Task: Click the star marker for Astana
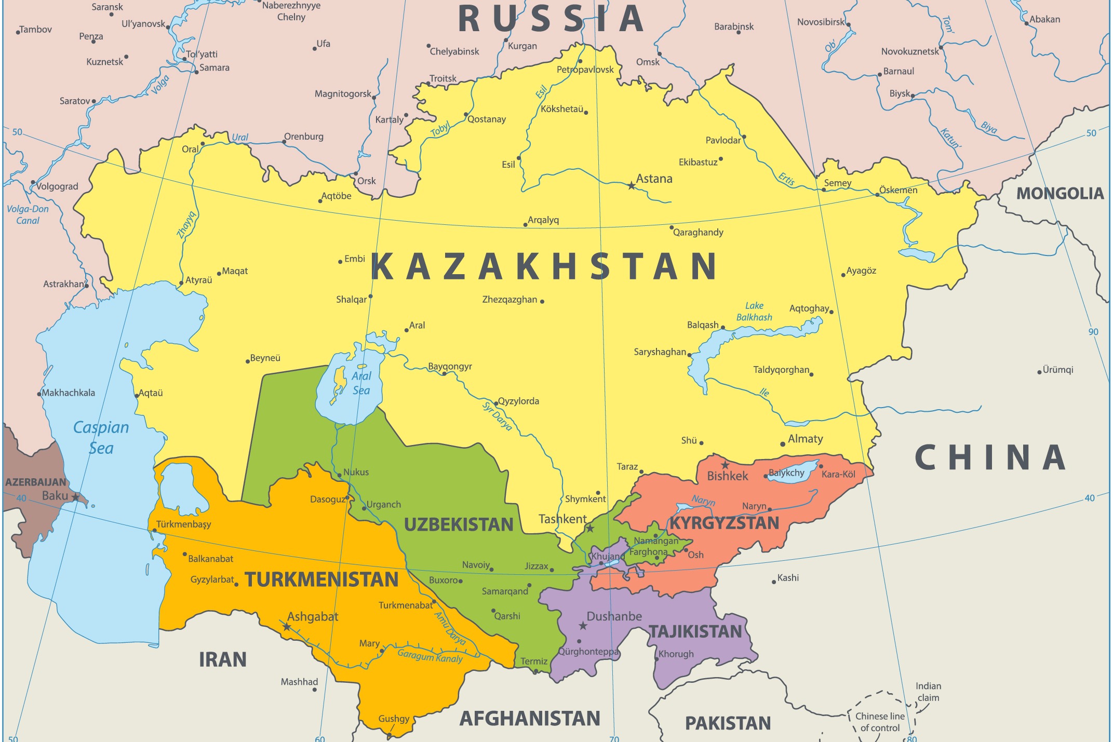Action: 631,185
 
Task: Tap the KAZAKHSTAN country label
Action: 544,266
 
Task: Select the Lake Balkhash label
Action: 754,312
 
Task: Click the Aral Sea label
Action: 361,383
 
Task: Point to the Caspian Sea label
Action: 101,438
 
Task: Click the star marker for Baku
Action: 76,497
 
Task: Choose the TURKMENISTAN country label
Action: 321,579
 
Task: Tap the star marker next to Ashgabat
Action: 287,627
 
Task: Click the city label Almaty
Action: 806,439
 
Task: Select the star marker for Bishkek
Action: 725,465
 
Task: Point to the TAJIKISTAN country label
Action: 695,631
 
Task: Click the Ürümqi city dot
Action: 1039,372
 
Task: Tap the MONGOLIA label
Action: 1060,194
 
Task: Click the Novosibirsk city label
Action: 821,22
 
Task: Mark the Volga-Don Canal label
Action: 28,215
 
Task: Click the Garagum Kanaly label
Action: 430,656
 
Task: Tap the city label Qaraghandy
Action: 698,232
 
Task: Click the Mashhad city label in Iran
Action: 299,682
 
